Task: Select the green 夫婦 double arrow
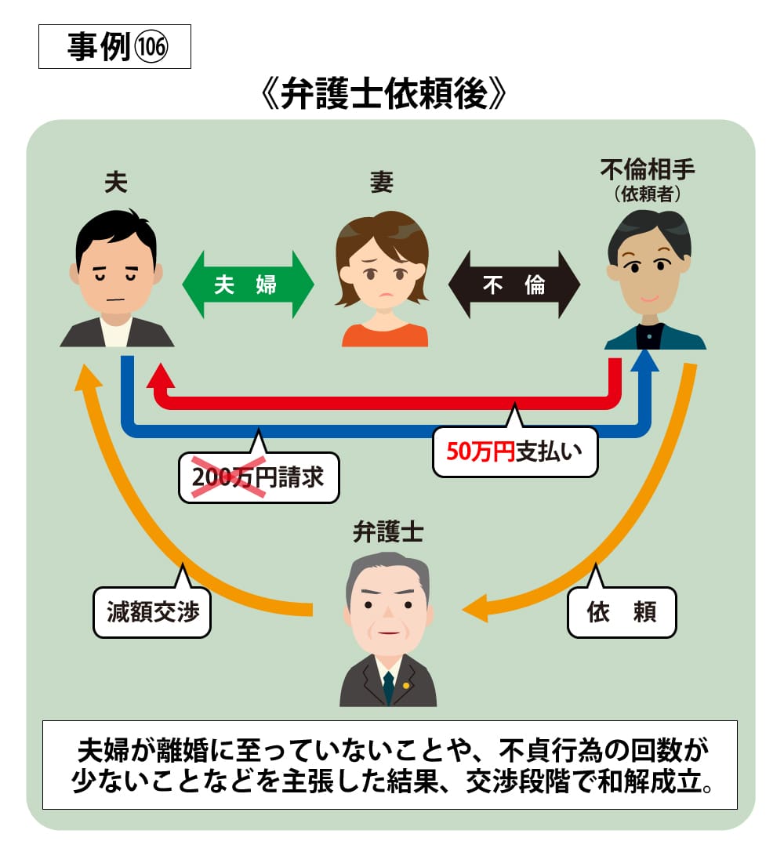click(x=248, y=285)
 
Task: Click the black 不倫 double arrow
click(x=514, y=285)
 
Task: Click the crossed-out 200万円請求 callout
click(x=258, y=477)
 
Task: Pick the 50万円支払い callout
click(x=515, y=451)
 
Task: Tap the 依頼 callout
click(x=621, y=612)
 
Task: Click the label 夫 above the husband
click(x=116, y=183)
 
